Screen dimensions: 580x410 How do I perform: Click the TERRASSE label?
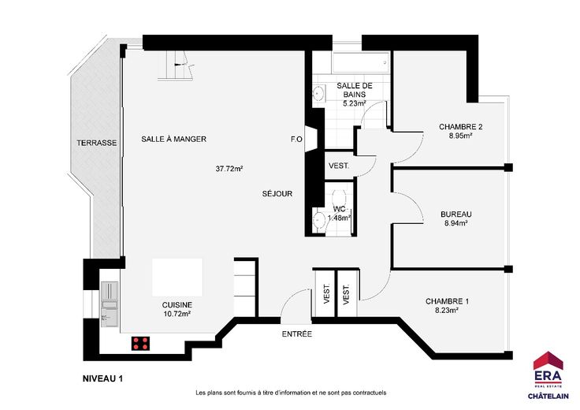click(97, 143)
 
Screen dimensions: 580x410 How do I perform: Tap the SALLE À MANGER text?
click(174, 139)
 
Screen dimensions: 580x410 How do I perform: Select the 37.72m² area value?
click(229, 169)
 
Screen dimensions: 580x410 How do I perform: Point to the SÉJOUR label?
click(277, 193)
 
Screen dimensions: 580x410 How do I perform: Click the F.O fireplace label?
click(296, 140)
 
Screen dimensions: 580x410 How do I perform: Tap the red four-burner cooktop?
click(141, 344)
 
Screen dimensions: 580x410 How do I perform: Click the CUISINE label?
click(177, 305)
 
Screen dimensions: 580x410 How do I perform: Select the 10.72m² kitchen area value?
click(177, 314)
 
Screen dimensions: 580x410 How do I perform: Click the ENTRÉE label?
click(296, 334)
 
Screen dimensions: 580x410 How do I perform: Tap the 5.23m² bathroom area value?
click(355, 103)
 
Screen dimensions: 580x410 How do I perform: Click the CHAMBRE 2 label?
click(460, 127)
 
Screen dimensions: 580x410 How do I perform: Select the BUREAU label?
click(456, 214)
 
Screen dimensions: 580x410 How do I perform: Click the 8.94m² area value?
click(455, 223)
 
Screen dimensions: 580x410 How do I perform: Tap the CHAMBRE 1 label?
click(447, 301)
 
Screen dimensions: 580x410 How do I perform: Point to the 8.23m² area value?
click(447, 311)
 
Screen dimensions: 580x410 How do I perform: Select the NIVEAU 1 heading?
click(102, 378)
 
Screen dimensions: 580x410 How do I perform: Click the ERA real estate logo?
click(548, 375)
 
